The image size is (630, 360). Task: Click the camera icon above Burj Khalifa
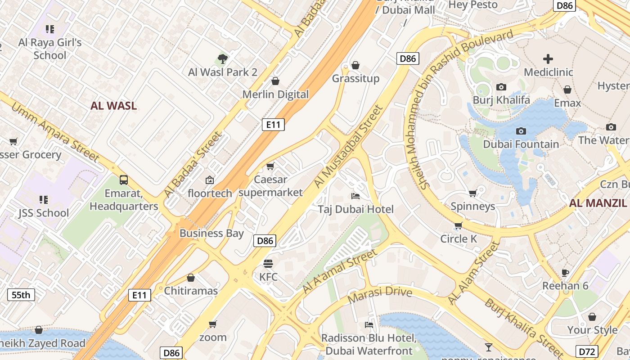point(501,87)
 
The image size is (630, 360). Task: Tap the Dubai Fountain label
point(521,144)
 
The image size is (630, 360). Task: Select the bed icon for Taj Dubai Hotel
point(355,196)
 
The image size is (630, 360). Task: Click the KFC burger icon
point(268,264)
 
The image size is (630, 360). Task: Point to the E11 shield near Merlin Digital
point(273,125)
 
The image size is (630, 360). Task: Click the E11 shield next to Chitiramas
point(139,295)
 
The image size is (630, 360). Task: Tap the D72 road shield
point(587,351)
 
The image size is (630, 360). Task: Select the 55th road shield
point(21,295)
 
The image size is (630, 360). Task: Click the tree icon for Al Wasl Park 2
point(222,58)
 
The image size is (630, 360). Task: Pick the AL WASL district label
point(113,106)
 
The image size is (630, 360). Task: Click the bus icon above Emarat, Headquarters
point(124,180)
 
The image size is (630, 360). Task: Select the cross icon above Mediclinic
point(548,59)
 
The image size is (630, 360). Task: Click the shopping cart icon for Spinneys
point(472,193)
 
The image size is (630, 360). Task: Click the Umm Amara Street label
point(54,132)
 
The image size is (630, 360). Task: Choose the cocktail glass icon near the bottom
point(488,347)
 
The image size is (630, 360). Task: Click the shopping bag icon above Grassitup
point(355,66)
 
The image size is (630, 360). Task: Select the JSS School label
point(44,213)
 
